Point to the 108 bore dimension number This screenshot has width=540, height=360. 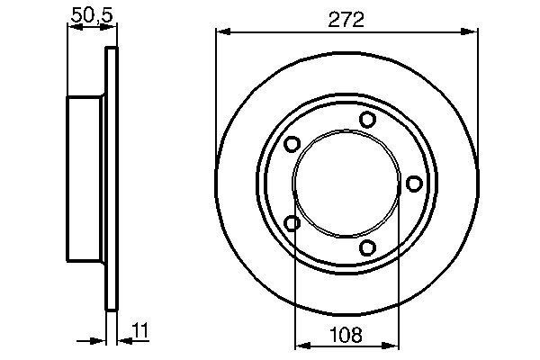point(346,335)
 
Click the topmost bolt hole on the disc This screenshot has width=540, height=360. point(366,120)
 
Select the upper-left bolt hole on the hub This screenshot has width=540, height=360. point(291,144)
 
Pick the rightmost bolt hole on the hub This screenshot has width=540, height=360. point(414,184)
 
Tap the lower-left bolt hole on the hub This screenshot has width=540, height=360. point(291,223)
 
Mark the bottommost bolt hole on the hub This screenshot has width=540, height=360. point(366,247)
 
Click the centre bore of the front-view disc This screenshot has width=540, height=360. point(346,184)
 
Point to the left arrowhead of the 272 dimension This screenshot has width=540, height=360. point(221,31)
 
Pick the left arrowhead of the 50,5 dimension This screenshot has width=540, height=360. point(73,27)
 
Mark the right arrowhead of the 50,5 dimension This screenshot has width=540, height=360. point(112,27)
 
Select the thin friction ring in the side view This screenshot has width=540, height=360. point(112,180)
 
